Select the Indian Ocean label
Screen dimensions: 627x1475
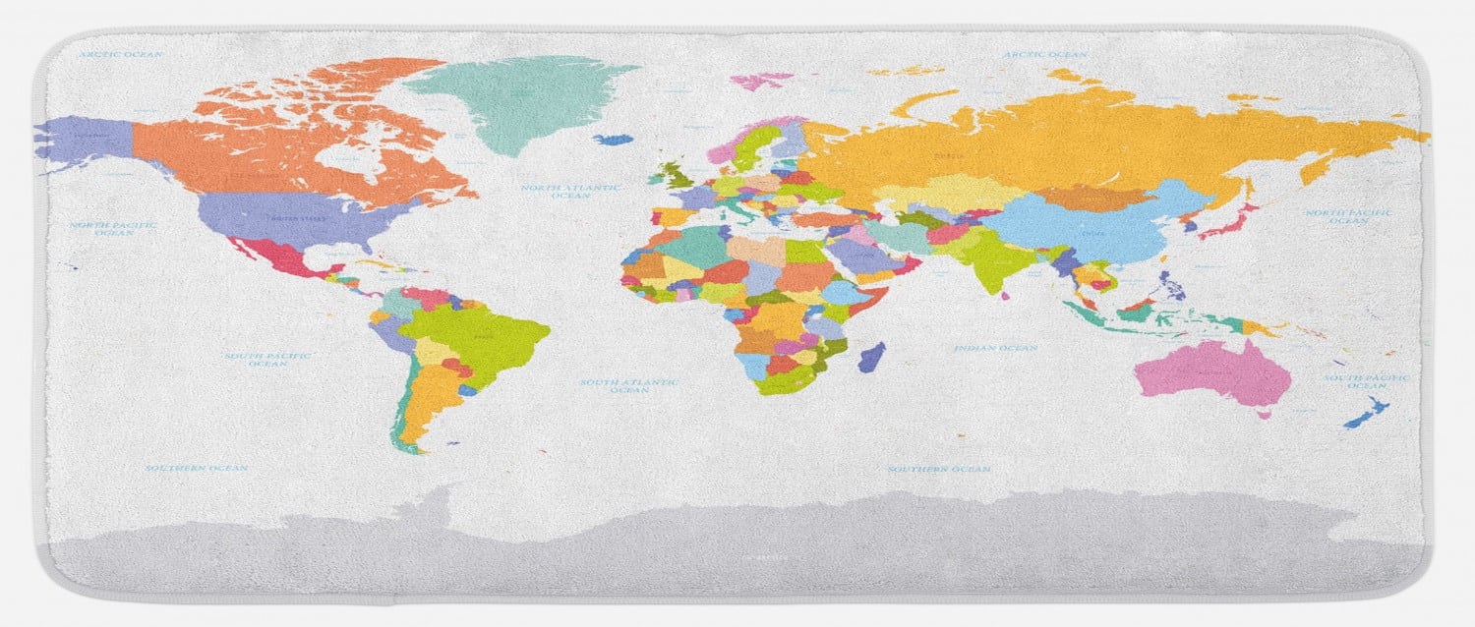pos(995,348)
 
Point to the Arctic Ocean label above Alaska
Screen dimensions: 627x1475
pos(120,54)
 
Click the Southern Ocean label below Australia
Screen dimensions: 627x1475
pos(939,470)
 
